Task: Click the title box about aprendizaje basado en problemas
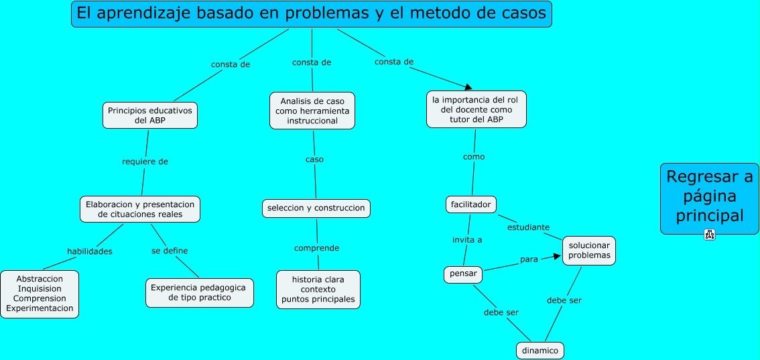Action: tap(311, 13)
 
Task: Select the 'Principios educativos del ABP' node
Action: tap(150, 115)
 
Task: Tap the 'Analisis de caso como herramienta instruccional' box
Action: tap(312, 111)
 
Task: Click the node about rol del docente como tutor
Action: tap(476, 109)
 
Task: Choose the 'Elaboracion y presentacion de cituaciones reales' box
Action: tap(140, 209)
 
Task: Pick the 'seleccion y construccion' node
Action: tap(316, 208)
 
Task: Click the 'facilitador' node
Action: tap(470, 204)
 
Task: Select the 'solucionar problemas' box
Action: tap(588, 250)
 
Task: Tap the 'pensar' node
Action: tap(463, 274)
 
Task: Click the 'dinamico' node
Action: tap(540, 350)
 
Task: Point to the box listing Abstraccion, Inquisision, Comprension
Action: tap(40, 294)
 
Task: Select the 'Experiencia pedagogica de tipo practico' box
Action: tap(199, 292)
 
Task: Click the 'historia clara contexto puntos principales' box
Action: tap(318, 289)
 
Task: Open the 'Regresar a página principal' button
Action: tap(709, 198)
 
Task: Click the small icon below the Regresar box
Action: tap(709, 235)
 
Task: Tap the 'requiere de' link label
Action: tap(145, 162)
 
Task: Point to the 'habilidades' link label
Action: tap(89, 251)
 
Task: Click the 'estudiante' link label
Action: tap(528, 227)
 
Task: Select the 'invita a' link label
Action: tap(467, 239)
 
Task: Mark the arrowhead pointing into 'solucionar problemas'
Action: tap(556, 255)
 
